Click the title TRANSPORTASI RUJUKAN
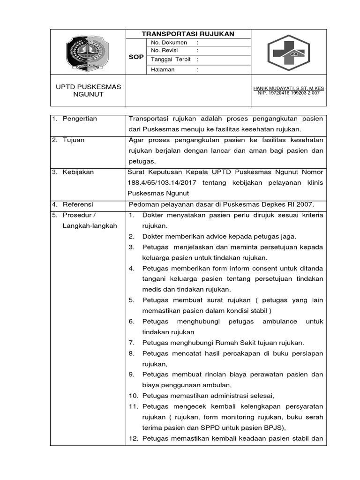click(188, 34)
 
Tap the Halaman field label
click(162, 69)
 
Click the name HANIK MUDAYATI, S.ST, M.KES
click(288, 88)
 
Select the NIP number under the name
click(288, 93)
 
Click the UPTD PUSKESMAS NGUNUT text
click(88, 90)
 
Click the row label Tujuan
click(74, 140)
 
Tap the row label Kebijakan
click(78, 172)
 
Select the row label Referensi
click(78, 204)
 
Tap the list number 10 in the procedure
click(133, 395)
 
